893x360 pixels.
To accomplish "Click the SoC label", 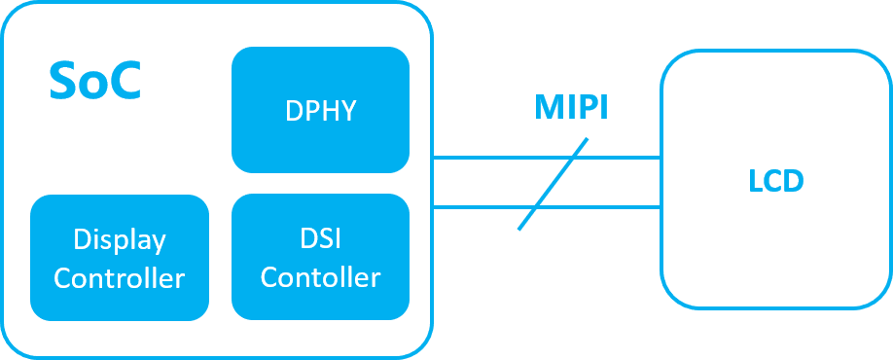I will (94, 82).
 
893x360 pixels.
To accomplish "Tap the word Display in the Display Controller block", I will (119, 239).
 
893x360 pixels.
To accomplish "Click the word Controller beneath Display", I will (119, 278).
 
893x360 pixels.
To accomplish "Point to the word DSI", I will (320, 238).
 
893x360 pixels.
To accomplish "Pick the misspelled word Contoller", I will (320, 277).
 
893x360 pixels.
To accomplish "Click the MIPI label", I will (571, 108).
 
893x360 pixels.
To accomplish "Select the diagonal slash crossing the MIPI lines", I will (553, 184).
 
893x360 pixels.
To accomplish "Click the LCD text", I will (775, 181).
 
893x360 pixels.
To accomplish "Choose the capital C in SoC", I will (125, 82).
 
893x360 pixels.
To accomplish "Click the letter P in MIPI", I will (587, 108).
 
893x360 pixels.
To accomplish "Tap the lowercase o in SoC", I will (94, 86).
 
